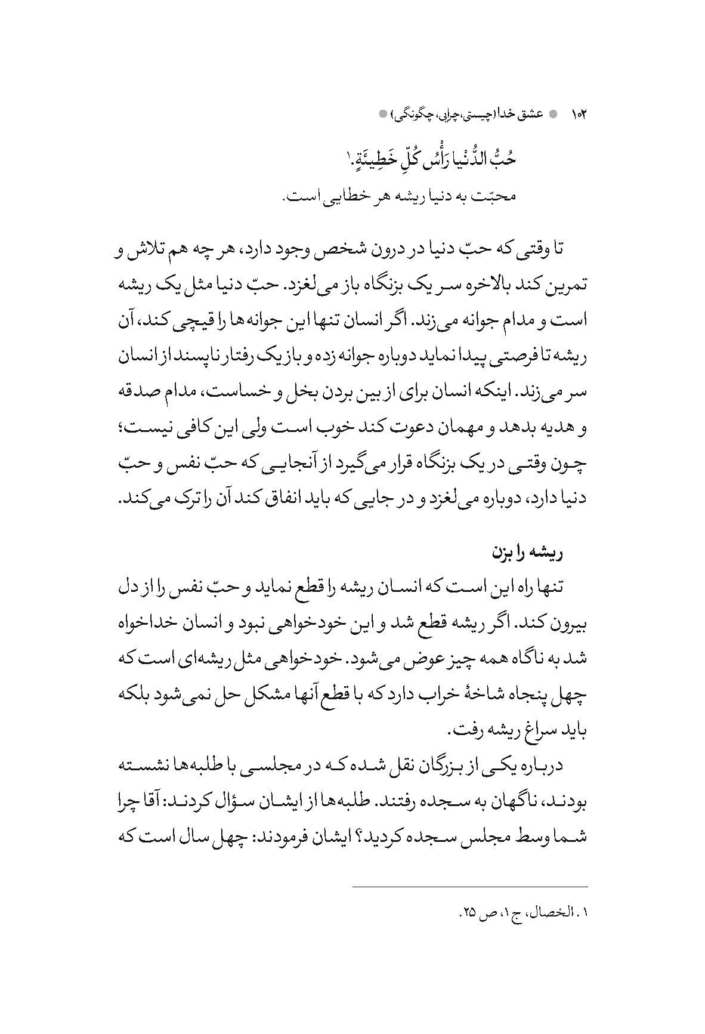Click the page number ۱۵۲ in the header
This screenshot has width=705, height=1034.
click(579, 113)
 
